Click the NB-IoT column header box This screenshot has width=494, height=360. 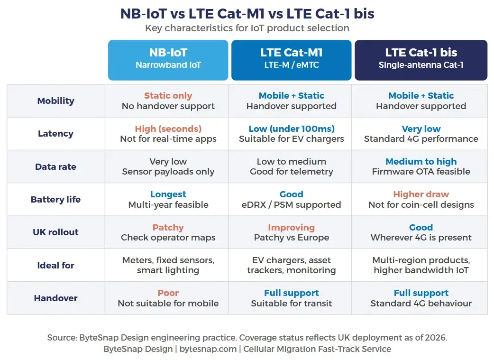pos(168,60)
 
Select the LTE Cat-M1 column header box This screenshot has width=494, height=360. pos(291,60)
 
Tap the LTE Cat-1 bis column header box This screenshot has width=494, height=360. pos(421,60)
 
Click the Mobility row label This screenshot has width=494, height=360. pos(55,101)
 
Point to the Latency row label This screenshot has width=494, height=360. pos(55,134)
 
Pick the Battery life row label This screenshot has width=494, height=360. pos(55,200)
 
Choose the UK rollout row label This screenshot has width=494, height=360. pos(55,232)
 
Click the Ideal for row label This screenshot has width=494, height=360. pos(55,266)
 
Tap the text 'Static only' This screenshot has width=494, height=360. pos(168,96)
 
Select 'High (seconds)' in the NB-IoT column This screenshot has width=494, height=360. pos(168,129)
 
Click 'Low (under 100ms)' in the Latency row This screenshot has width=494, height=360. pos(291,129)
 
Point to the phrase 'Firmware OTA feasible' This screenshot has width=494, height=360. pos(421,172)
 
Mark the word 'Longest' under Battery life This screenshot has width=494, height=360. pos(168,194)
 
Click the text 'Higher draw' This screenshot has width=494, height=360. pos(421,194)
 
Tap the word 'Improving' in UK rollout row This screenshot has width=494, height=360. pos(291,228)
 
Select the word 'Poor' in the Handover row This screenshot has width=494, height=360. pos(168,293)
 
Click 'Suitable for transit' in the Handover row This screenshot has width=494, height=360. pos(291,304)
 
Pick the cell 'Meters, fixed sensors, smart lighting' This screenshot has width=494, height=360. pos(168,266)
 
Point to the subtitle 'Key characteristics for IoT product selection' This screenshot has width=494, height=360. pos(247,28)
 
